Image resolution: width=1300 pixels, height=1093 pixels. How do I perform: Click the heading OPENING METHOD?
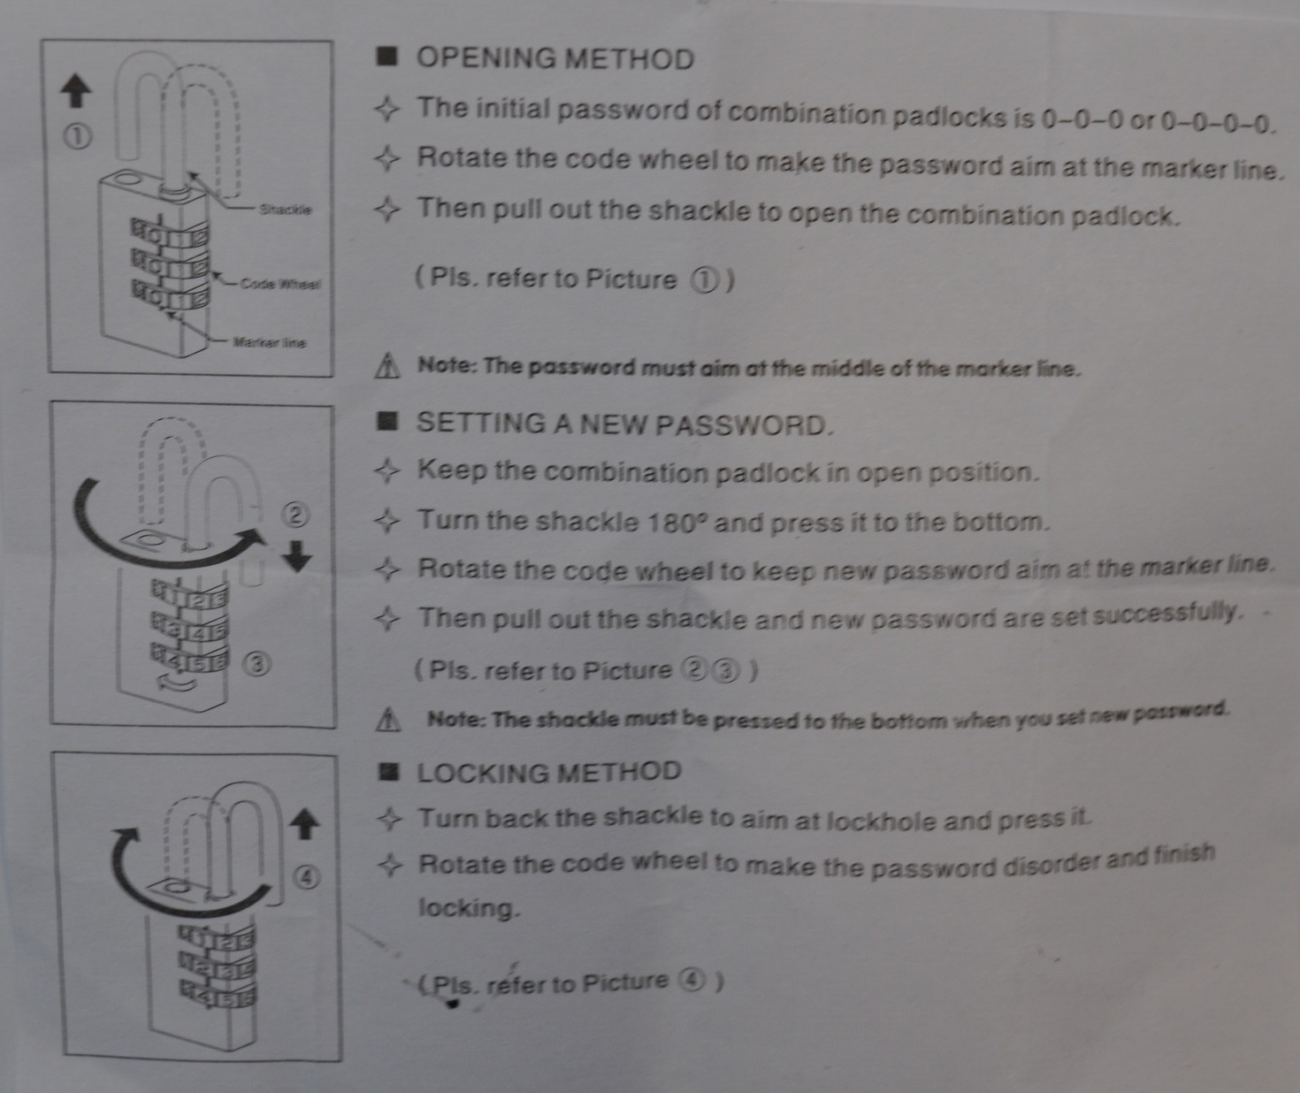(x=554, y=58)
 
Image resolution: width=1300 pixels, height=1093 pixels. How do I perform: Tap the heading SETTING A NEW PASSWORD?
(x=623, y=424)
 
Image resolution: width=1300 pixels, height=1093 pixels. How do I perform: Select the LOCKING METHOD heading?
(x=549, y=772)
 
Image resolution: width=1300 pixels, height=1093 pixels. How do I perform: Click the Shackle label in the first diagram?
(x=286, y=210)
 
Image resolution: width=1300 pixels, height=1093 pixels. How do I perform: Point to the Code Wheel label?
(x=281, y=284)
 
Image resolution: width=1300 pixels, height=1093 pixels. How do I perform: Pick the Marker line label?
(x=270, y=342)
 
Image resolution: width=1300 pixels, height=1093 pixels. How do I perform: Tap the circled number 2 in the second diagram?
(x=295, y=515)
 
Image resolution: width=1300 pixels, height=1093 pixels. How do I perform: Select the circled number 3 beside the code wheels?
(x=257, y=665)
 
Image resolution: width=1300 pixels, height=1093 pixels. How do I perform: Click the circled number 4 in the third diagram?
(x=307, y=878)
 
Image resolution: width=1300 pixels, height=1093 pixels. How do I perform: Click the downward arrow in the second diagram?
(x=297, y=555)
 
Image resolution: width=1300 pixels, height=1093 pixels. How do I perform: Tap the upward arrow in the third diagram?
(x=304, y=824)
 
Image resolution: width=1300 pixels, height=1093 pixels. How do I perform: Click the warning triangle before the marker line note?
(x=387, y=365)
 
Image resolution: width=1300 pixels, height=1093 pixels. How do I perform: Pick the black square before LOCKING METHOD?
(x=390, y=772)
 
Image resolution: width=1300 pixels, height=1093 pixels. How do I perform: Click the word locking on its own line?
(x=468, y=908)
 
